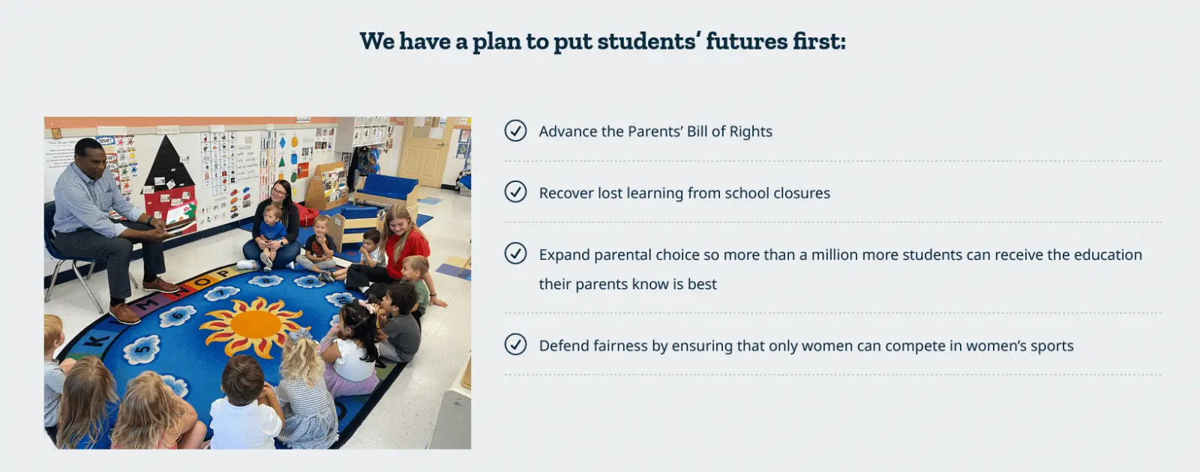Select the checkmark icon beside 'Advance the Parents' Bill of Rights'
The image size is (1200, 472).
click(515, 130)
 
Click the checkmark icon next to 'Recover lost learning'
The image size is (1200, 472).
click(515, 192)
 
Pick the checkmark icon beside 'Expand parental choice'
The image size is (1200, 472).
click(515, 253)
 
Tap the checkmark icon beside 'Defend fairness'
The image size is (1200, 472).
click(515, 344)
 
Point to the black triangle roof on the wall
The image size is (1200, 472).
click(169, 161)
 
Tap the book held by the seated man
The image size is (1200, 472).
click(178, 227)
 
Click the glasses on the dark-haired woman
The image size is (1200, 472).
click(278, 192)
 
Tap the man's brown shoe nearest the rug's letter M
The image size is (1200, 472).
click(124, 313)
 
